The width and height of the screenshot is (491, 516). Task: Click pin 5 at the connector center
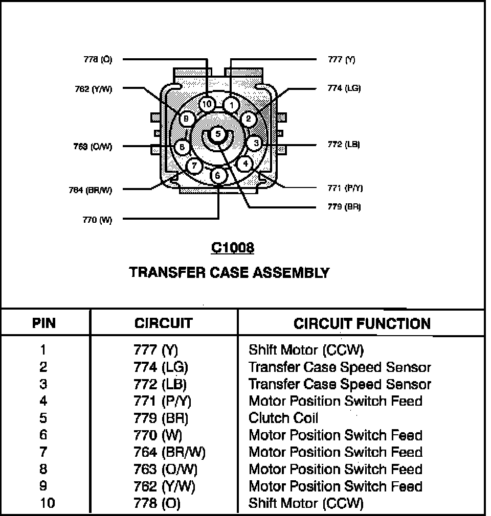point(218,134)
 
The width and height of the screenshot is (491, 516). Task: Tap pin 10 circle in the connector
point(207,104)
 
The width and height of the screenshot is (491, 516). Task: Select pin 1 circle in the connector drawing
point(232,105)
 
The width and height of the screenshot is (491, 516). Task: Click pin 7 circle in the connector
point(194,166)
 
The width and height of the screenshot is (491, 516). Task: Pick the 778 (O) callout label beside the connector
point(98,59)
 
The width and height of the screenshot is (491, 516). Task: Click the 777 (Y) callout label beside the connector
point(341,59)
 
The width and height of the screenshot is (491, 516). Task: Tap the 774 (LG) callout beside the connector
point(344,88)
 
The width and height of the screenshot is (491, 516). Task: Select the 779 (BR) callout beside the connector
point(344,207)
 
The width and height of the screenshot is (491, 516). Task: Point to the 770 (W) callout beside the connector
point(97,220)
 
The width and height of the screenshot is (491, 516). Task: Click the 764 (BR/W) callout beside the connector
point(90,190)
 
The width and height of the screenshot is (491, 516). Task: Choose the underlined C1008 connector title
point(233,248)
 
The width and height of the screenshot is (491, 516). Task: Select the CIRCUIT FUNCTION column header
point(362,323)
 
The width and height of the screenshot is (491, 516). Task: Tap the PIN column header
point(44,323)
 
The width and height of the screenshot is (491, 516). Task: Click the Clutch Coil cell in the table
point(283,418)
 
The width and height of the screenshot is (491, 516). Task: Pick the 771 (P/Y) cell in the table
point(162,401)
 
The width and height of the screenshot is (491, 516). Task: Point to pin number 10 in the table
point(47,503)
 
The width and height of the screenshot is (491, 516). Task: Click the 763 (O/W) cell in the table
point(165,469)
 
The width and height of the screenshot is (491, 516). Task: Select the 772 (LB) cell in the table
point(160,384)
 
